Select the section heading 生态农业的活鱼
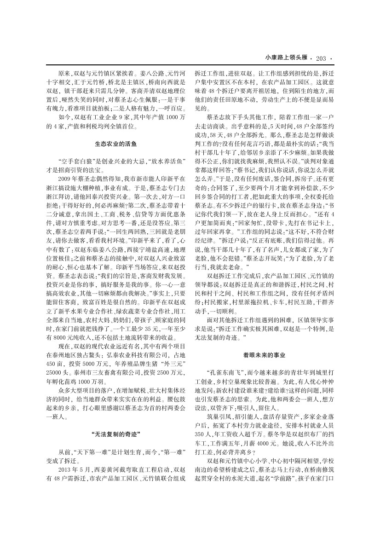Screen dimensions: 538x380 pyautogui.click(x=115, y=144)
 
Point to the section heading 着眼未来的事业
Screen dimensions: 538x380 pyautogui.click(x=264, y=355)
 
